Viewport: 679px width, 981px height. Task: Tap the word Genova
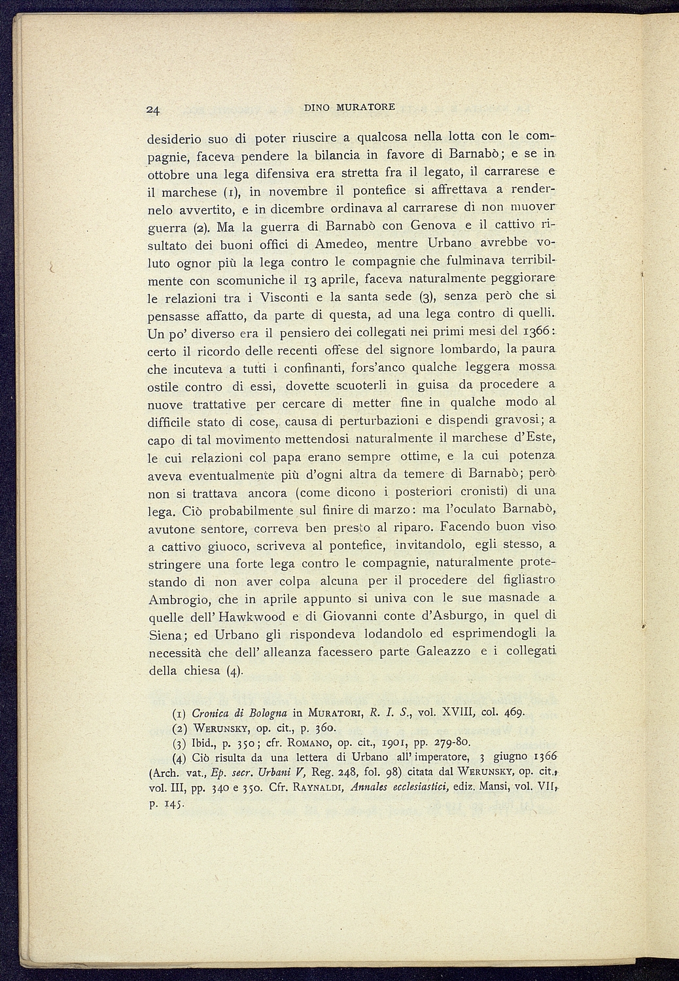pyautogui.click(x=432, y=226)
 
